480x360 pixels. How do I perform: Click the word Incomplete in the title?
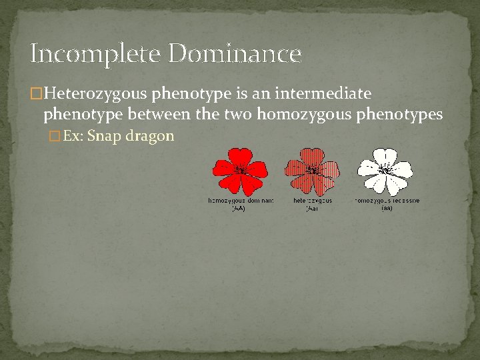[x=95, y=53]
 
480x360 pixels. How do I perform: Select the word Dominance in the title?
[x=235, y=53]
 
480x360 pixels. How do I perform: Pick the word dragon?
[x=154, y=136]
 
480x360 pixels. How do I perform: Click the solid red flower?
[x=240, y=171]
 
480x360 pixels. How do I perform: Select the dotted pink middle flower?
[x=312, y=171]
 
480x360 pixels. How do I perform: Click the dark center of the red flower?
[x=240, y=170]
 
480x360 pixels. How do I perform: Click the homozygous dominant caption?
[x=241, y=200]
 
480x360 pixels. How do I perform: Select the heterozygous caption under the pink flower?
[x=312, y=200]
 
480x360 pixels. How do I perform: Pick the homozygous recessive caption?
[x=387, y=200]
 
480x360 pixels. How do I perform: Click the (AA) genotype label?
[x=239, y=208]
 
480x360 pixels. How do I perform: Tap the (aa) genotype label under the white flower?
[x=387, y=208]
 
